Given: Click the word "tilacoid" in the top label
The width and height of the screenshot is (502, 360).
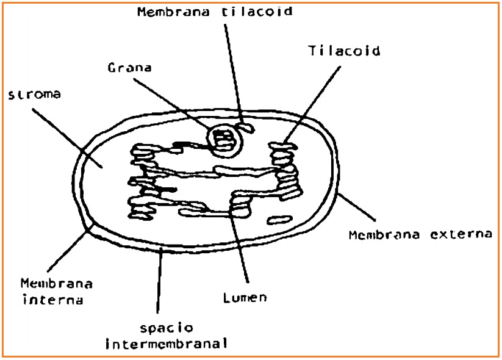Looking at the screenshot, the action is pos(257,12).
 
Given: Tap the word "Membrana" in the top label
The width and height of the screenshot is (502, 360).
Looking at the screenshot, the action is pos(174,12).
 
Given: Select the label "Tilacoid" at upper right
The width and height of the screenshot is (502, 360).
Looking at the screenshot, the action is pos(344,51).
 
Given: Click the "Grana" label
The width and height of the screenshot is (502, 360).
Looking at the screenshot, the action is pos(130,68).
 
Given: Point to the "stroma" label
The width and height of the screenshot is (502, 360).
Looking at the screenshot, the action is pos(34,95).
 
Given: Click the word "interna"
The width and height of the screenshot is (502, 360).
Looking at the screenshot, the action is pos(53,300).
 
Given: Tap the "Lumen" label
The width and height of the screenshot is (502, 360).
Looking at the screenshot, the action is pos(245,298).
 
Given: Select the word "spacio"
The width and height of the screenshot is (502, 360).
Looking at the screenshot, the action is pos(167,328).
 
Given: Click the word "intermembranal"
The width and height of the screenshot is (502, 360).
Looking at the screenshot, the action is pos(167,344).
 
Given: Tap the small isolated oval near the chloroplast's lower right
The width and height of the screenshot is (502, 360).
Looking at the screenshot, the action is pos(280,220).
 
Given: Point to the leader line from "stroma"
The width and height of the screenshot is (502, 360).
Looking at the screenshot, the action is pos(67,138).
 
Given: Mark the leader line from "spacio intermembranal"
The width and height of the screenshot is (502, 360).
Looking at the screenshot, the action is pos(159,281).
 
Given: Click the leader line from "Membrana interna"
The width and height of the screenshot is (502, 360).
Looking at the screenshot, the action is pos(70,248).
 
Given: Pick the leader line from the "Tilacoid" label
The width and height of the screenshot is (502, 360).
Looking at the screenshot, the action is pos(312,104).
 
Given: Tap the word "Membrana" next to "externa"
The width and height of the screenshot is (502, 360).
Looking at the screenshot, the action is pos(384,235).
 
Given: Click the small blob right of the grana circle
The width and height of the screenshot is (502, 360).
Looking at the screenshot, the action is pos(248,128).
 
